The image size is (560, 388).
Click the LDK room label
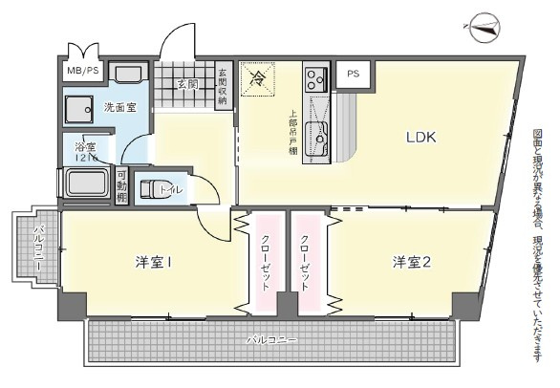point(420,137)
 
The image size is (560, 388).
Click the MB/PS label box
point(82,72)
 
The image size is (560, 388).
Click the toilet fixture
point(155,187)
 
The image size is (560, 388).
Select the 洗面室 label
point(119,107)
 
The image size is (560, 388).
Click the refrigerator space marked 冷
point(257,79)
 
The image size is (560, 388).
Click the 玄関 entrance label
point(186,84)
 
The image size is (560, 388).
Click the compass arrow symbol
point(488,29)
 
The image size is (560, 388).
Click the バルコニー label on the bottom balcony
point(270,339)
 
